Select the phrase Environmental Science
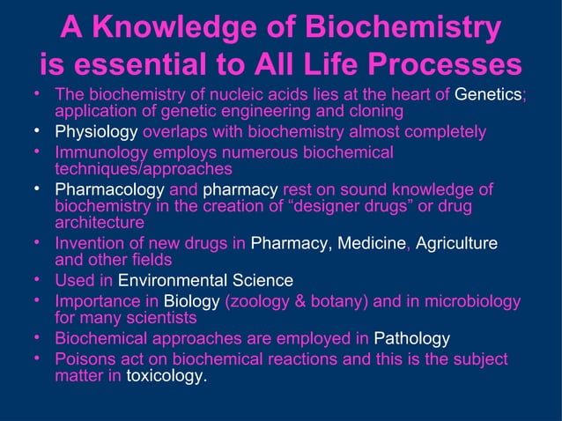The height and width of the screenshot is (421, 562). pyautogui.click(x=205, y=281)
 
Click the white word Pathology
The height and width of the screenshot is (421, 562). pyautogui.click(x=412, y=339)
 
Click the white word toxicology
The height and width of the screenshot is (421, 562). pyautogui.click(x=165, y=376)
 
